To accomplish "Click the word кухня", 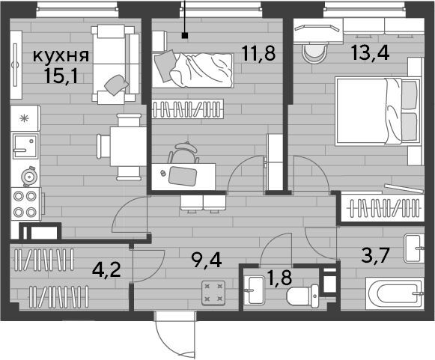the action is click(61, 56).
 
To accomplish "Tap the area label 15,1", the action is click(61, 76).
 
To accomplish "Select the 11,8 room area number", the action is click(258, 53).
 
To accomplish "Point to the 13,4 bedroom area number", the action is click(370, 52).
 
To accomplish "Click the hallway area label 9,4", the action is click(207, 260).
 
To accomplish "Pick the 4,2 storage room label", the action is click(106, 269).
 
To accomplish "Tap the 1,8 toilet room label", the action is click(279, 278).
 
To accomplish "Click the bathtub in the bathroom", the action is click(395, 293).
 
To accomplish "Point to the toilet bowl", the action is click(302, 296).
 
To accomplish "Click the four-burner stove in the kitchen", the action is click(25, 204).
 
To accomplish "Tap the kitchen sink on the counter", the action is click(25, 146).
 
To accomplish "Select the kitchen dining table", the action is click(128, 146).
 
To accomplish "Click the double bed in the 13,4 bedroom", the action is click(378, 112).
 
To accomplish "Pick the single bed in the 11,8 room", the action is click(192, 70).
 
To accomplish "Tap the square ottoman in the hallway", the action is click(213, 293).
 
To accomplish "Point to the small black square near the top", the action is click(185, 35).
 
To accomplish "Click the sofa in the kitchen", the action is click(115, 64).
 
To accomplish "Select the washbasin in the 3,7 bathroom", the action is click(414, 248).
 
